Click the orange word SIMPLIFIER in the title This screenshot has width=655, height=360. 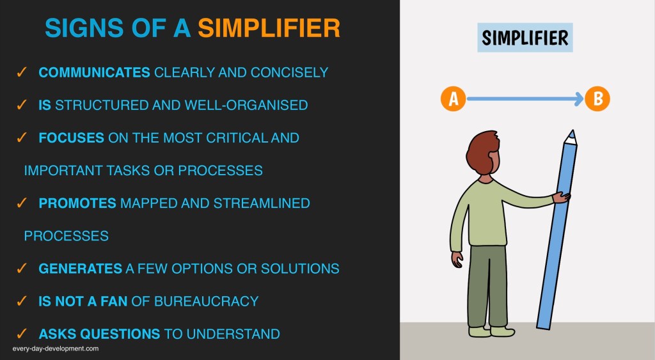tap(269, 28)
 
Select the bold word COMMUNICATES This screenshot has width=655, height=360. tap(94, 72)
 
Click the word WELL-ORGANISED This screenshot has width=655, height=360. tap(246, 105)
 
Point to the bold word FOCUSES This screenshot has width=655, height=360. tap(71, 138)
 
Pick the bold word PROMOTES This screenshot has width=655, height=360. tap(77, 203)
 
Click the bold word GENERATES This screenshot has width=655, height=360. tap(80, 269)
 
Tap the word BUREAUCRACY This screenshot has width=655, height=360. tap(207, 301)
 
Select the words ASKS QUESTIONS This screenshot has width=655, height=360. tap(99, 334)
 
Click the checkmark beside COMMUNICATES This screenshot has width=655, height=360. tap(21, 72)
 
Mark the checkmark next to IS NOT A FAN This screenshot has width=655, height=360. tap(21, 301)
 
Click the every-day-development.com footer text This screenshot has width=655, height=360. tap(56, 348)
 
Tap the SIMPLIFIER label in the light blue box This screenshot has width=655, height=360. tap(525, 38)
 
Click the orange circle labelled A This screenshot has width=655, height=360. tap(454, 99)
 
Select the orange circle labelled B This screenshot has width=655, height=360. tap(597, 99)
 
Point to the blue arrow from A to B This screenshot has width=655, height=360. tap(525, 99)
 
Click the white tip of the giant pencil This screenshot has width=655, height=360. tap(571, 137)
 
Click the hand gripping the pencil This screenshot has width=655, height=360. tap(561, 197)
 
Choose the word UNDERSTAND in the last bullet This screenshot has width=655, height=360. tap(233, 334)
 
